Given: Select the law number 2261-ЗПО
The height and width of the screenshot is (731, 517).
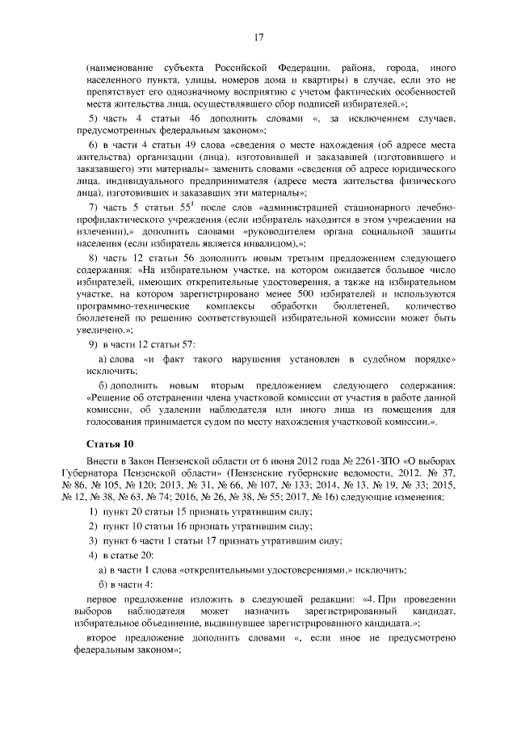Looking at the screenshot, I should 320,460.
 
